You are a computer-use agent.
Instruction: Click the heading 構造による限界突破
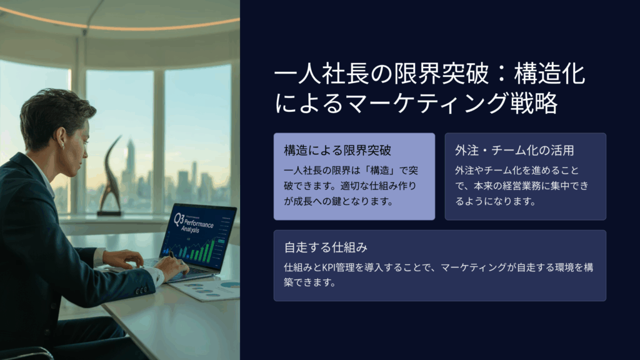coord(337,150)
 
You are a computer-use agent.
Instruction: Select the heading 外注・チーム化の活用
coord(514,150)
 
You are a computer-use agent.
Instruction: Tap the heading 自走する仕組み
coord(326,247)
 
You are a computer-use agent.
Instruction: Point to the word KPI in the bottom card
coord(332,267)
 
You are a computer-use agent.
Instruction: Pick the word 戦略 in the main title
coord(534,102)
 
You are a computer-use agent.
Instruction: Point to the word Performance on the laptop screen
coord(198,224)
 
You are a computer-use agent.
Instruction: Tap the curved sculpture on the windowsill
coord(109,176)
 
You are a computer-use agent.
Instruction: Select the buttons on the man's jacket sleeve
coord(141,291)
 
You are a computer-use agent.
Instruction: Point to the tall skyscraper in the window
coord(131,163)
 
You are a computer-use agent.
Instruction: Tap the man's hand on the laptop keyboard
coord(171,264)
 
